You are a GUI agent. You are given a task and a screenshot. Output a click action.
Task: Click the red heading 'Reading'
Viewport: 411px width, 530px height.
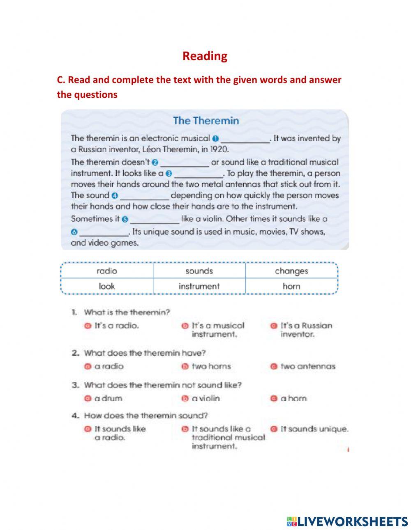(x=205, y=56)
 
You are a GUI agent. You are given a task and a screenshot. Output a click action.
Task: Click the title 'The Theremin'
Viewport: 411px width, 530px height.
(x=205, y=121)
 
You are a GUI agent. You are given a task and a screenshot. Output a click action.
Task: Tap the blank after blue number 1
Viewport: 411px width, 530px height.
(x=245, y=139)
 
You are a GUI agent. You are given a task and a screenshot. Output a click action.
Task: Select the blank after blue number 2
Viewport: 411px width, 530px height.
(x=185, y=163)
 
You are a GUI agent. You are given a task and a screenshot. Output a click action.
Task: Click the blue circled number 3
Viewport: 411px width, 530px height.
(x=169, y=174)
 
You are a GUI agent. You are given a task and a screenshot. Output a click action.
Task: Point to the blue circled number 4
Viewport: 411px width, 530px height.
(x=115, y=196)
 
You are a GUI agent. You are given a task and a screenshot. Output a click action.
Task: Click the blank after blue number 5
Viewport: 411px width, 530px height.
(x=155, y=219)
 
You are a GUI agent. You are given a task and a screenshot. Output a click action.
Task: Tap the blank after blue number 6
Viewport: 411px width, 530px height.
(x=104, y=232)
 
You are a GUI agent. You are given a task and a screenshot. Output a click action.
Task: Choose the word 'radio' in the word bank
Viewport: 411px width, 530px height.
(x=107, y=271)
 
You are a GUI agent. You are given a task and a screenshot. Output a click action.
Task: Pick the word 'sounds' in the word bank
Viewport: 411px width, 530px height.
(x=199, y=271)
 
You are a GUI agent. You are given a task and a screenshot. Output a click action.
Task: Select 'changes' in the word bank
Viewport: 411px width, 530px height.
(x=291, y=271)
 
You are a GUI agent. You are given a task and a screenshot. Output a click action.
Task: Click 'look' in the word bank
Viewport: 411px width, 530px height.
(x=107, y=286)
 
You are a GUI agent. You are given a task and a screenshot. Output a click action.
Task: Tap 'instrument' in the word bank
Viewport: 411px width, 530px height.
(x=199, y=286)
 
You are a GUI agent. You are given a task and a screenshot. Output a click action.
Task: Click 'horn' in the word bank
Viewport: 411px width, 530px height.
(x=291, y=286)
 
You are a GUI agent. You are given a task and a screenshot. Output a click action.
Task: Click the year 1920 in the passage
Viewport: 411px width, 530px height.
(x=220, y=149)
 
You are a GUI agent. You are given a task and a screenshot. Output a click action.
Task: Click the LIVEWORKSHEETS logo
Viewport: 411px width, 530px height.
(x=347, y=521)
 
